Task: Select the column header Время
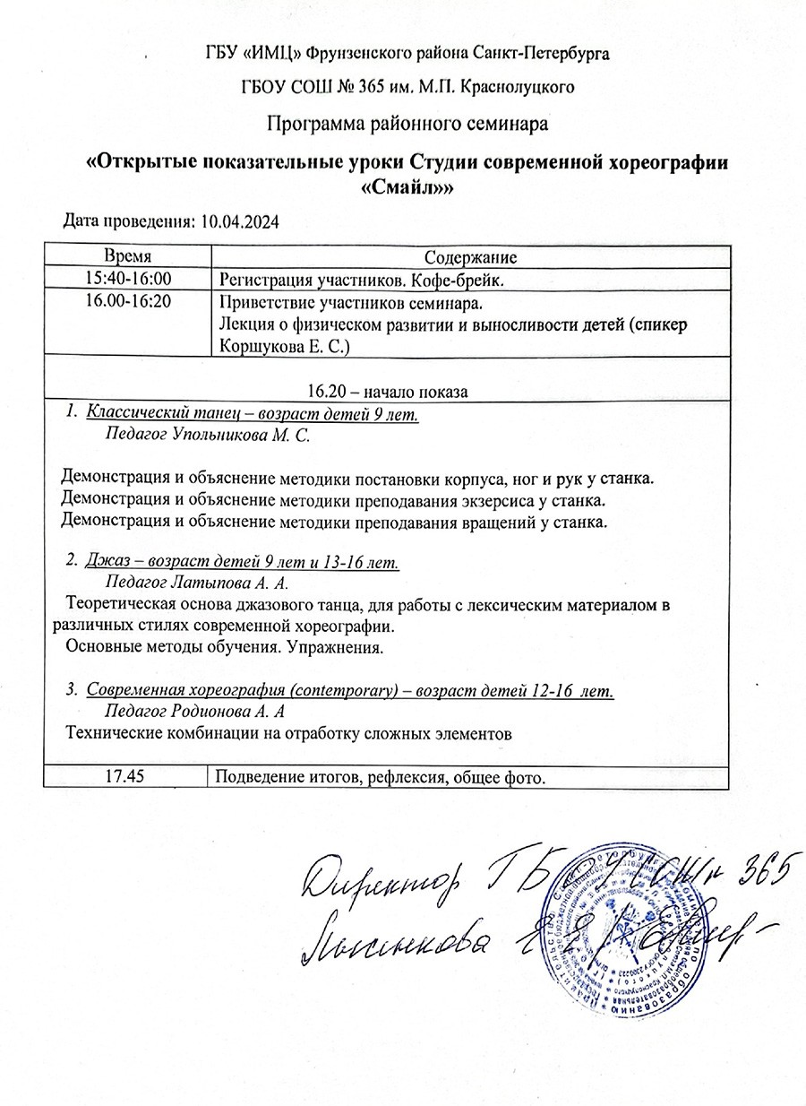[126, 256]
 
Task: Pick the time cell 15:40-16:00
[126, 279]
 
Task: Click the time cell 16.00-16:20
[126, 301]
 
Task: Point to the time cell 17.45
[125, 776]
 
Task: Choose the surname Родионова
[214, 712]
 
